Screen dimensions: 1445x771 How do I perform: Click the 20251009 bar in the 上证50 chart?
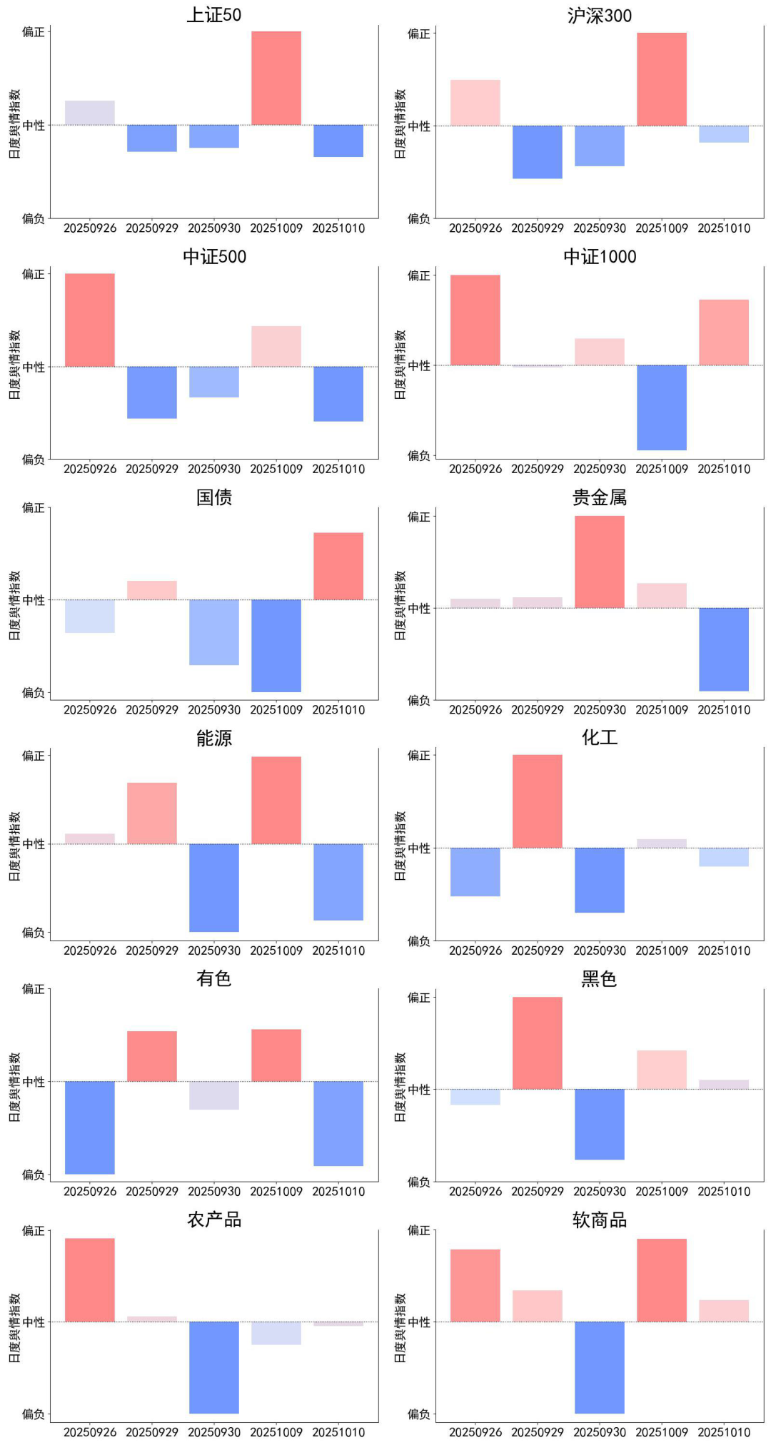(276, 78)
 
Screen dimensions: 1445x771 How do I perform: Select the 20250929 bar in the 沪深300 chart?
(537, 152)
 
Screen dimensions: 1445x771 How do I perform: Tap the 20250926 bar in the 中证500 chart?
(89, 320)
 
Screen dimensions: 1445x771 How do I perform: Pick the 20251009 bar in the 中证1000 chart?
(661, 407)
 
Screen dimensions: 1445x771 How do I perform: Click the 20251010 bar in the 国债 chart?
(338, 566)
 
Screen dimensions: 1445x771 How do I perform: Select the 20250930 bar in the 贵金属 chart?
(599, 562)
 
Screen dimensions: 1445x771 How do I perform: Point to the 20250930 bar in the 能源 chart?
(213, 888)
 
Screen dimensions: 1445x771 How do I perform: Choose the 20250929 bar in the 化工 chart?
(537, 801)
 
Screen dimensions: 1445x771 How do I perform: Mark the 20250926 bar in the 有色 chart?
(89, 1127)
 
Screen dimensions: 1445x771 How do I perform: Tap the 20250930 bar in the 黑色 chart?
(599, 1124)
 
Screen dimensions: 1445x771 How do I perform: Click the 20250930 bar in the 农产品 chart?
(213, 1367)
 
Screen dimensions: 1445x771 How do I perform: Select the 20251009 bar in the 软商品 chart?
(661, 1280)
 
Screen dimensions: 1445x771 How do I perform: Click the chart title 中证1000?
(600, 257)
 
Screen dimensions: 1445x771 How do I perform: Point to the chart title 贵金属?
(600, 497)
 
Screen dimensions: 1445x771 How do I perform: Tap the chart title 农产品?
(214, 1220)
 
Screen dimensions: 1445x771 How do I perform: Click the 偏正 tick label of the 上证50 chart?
(34, 32)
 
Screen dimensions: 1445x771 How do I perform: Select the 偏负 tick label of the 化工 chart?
(419, 941)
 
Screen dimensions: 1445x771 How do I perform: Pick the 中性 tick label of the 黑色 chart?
(419, 1090)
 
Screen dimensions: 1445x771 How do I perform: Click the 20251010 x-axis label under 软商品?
(724, 1432)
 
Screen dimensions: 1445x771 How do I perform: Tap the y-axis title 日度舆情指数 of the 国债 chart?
(15, 605)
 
